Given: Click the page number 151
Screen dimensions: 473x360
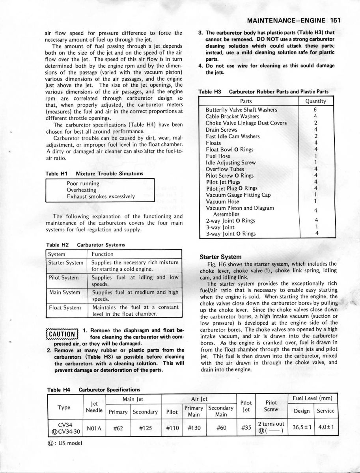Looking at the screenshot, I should pyautogui.click(x=336, y=20).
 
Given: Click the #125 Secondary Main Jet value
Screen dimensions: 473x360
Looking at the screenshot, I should pyautogui.click(x=145, y=429).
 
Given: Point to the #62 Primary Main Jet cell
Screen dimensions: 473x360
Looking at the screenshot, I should pyautogui.click(x=118, y=429).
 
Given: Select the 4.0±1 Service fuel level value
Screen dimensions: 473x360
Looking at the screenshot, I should pyautogui.click(x=326, y=428).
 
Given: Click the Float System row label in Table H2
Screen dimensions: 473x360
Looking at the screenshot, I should pyautogui.click(x=65, y=307).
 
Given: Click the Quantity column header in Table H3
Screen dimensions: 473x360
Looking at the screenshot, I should pyautogui.click(x=316, y=101).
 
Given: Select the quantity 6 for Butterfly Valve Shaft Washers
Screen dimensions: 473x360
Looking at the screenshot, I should pyautogui.click(x=316, y=110).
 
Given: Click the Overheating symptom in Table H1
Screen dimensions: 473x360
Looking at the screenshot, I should pyautogui.click(x=82, y=190).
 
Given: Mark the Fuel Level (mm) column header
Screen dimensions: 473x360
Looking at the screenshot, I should pyautogui.click(x=315, y=399).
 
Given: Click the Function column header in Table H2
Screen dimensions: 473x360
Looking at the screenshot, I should pyautogui.click(x=103, y=254).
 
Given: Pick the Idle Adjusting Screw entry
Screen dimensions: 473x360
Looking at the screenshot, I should pyautogui.click(x=231, y=163).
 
